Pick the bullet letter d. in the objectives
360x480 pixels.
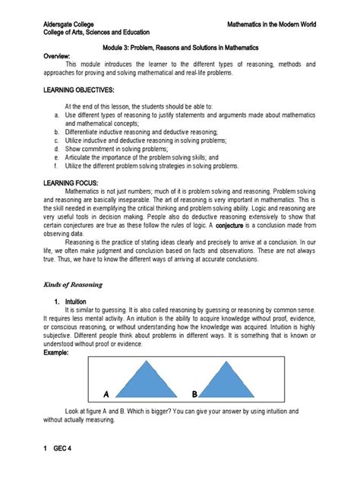point(47,148)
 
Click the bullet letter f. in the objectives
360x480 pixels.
point(47,165)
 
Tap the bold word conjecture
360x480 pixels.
point(234,226)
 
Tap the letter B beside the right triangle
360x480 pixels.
point(195,394)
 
